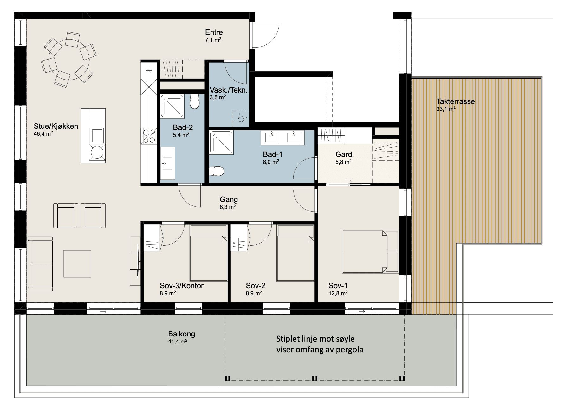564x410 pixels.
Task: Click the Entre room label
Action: click(x=214, y=32)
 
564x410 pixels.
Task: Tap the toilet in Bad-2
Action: click(x=194, y=101)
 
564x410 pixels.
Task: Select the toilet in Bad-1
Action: click(x=217, y=172)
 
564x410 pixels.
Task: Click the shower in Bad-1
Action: click(x=222, y=142)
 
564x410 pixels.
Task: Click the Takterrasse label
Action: click(x=455, y=102)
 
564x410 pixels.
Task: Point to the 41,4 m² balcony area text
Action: click(x=178, y=342)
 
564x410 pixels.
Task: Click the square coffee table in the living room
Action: click(x=77, y=264)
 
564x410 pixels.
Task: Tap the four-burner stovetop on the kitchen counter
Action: click(x=149, y=135)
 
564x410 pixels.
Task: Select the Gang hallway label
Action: click(x=229, y=200)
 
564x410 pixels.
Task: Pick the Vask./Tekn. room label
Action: click(x=229, y=90)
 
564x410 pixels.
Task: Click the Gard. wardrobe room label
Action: click(x=345, y=155)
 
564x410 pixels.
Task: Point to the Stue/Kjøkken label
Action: click(x=56, y=126)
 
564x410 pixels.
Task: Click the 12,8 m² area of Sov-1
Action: click(x=338, y=293)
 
